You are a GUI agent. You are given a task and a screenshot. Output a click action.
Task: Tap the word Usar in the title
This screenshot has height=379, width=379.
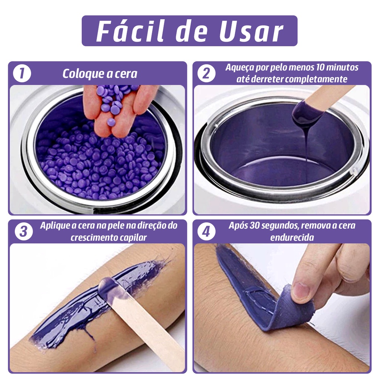click(x=251, y=32)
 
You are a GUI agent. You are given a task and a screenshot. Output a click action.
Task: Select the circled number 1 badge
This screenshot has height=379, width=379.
click(x=22, y=73)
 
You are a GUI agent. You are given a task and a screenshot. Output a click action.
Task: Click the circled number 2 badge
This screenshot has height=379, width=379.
click(x=207, y=73)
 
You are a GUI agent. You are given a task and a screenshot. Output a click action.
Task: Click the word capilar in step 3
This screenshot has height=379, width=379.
click(x=135, y=238)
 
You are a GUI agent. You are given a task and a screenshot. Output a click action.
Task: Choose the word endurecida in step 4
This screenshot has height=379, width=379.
click(x=292, y=238)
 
